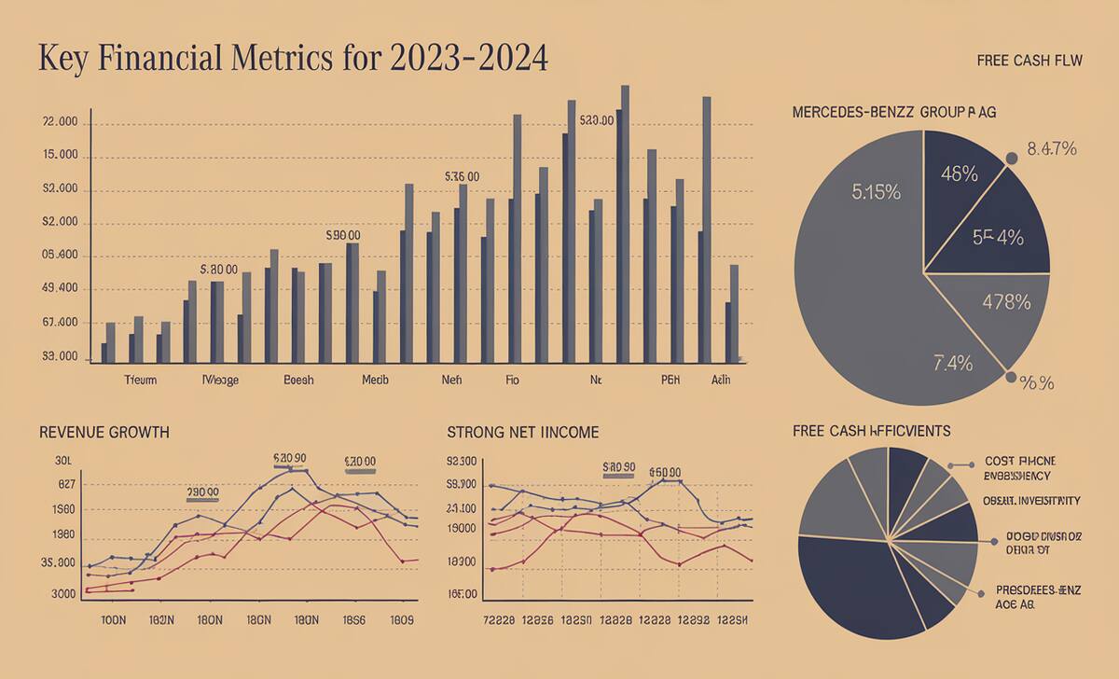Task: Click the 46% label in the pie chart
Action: click(x=959, y=173)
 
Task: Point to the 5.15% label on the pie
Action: click(x=876, y=193)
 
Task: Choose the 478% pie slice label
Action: click(x=1006, y=301)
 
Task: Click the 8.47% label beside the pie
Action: click(x=1051, y=148)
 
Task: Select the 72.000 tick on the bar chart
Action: click(x=59, y=123)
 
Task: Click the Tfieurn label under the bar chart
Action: click(x=141, y=381)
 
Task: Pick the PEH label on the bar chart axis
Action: click(x=670, y=381)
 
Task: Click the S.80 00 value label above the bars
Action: click(x=219, y=269)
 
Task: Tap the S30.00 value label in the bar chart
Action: click(x=597, y=121)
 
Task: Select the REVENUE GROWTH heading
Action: click(x=104, y=433)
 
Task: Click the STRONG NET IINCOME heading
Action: click(x=523, y=433)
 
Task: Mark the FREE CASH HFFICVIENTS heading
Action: click(x=871, y=431)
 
